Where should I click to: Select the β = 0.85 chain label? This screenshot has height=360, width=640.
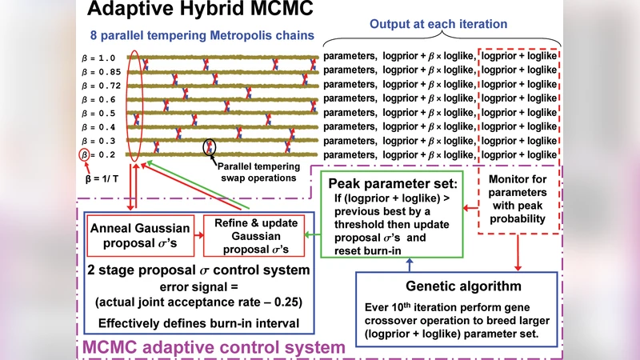point(103,70)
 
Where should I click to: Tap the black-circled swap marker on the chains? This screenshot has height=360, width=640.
point(210,147)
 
